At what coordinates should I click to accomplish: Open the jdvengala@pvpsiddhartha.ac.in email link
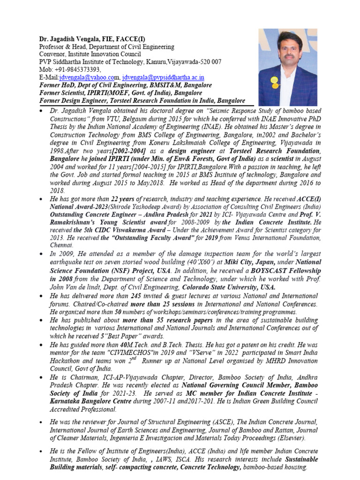point(163,77)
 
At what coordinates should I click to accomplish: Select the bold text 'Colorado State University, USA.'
point(229,287)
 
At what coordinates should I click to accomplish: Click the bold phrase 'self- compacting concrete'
point(141,467)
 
